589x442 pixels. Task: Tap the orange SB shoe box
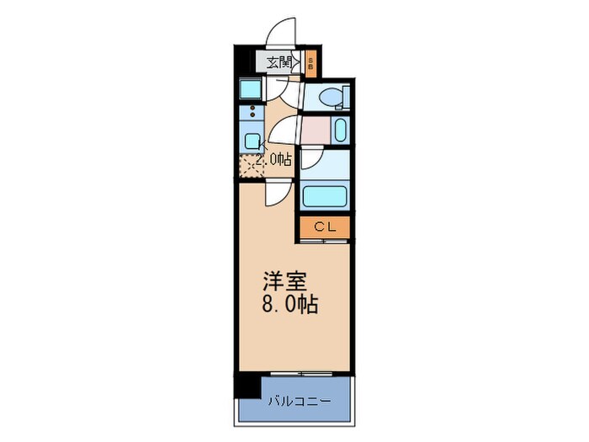pyautogui.click(x=310, y=61)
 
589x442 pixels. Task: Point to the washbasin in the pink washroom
pyautogui.click(x=338, y=130)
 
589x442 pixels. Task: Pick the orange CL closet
pyautogui.click(x=324, y=227)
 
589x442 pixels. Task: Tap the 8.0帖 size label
pyautogui.click(x=289, y=306)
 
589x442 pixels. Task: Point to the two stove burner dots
pyautogui.click(x=250, y=113)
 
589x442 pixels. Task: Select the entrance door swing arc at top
pyautogui.click(x=281, y=32)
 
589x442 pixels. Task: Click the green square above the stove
pyautogui.click(x=250, y=88)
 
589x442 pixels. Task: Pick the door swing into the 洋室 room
pyautogui.click(x=275, y=193)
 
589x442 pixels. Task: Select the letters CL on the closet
pyautogui.click(x=324, y=227)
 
